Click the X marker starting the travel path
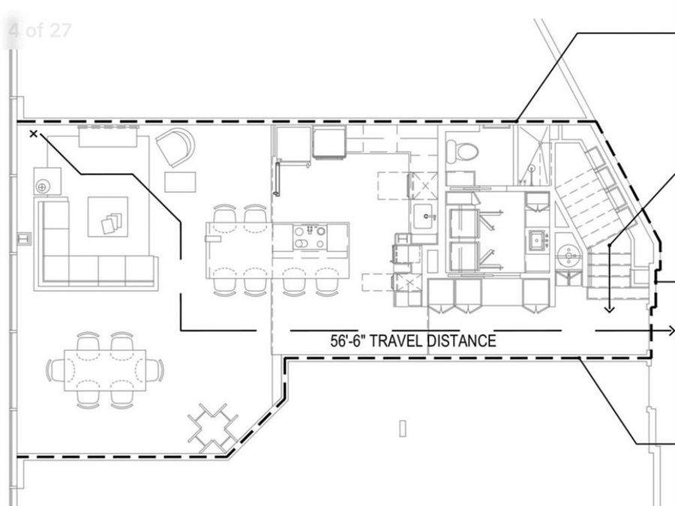33,134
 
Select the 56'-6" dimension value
348,341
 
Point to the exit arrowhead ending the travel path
670,331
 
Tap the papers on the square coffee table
109,221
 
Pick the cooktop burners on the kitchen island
309,238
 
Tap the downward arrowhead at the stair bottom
609,307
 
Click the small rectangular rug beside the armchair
180,181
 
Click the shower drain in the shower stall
532,169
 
